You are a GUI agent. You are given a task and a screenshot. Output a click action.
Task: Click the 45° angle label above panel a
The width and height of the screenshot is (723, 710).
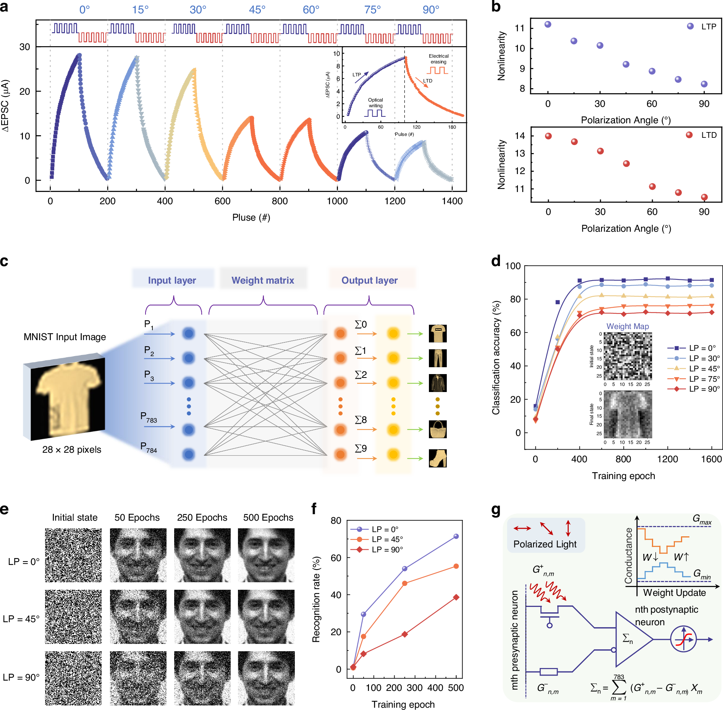pos(257,10)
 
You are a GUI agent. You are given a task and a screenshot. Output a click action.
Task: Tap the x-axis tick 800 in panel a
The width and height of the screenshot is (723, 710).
pos(280,201)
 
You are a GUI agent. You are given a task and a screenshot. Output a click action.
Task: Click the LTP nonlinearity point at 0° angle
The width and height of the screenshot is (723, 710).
pos(548,24)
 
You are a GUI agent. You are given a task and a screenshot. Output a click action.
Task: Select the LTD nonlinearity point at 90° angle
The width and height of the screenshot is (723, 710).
pos(704,197)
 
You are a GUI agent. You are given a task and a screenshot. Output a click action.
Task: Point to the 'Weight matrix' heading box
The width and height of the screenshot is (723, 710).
pos(263,280)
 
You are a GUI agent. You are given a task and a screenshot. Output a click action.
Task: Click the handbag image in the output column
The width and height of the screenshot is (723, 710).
pos(438,429)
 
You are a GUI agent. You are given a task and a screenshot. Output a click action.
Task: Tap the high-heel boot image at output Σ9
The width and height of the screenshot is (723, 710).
pos(438,458)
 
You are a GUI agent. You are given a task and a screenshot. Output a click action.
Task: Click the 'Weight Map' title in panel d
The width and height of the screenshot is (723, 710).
pos(628,326)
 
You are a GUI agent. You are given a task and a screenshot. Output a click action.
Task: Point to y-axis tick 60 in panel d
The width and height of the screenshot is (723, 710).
pos(515,332)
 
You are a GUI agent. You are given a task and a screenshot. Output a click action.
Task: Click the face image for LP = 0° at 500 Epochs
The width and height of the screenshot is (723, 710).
pos(266,555)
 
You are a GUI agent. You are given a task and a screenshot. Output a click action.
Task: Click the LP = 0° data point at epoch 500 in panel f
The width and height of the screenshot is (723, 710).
pos(456,536)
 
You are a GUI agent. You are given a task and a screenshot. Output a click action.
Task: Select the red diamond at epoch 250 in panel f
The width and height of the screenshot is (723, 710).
pos(404,634)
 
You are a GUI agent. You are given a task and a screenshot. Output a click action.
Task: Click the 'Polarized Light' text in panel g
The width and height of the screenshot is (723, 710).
pos(545,544)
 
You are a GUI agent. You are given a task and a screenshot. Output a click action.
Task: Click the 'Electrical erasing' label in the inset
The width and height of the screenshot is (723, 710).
pos(438,59)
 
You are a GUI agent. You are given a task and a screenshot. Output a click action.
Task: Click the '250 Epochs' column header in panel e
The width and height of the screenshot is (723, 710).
pos(202,518)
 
